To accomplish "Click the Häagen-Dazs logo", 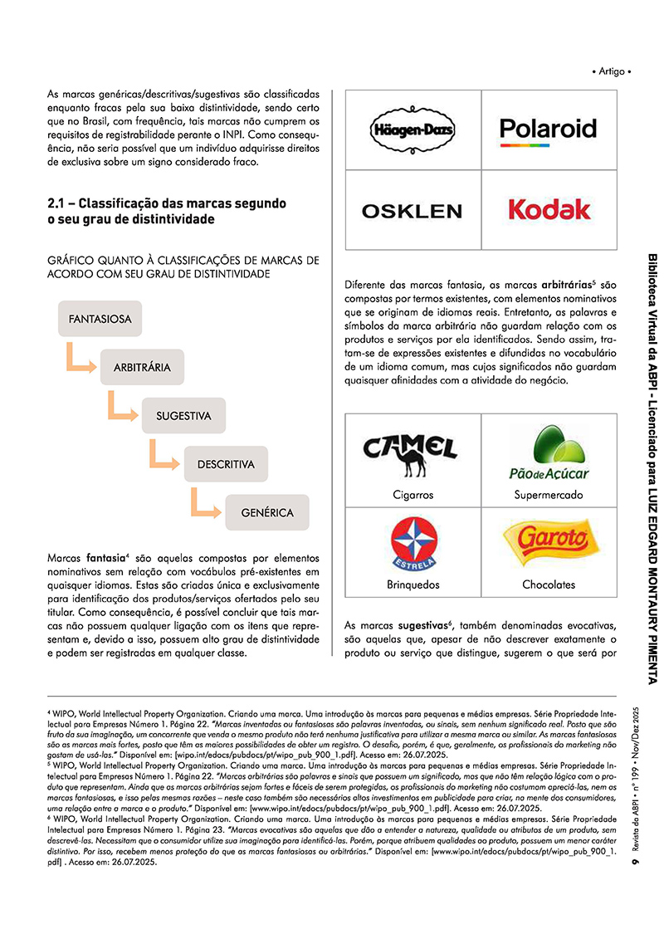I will click(413, 130).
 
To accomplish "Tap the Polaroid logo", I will click(548, 130).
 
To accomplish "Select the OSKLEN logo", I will click(413, 211).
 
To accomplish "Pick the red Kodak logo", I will click(549, 209).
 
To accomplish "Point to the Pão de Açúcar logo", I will click(548, 452).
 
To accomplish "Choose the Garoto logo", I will click(548, 540).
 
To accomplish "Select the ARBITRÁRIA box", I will click(142, 367).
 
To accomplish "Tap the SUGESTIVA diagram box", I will click(183, 415).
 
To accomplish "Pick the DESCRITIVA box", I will click(226, 464).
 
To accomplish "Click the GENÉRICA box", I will click(267, 512).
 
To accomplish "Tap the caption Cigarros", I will click(413, 495).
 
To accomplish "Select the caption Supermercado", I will click(548, 495).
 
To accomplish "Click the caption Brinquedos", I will click(413, 584).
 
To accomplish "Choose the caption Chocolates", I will click(548, 584).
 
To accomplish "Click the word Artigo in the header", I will click(612, 71).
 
